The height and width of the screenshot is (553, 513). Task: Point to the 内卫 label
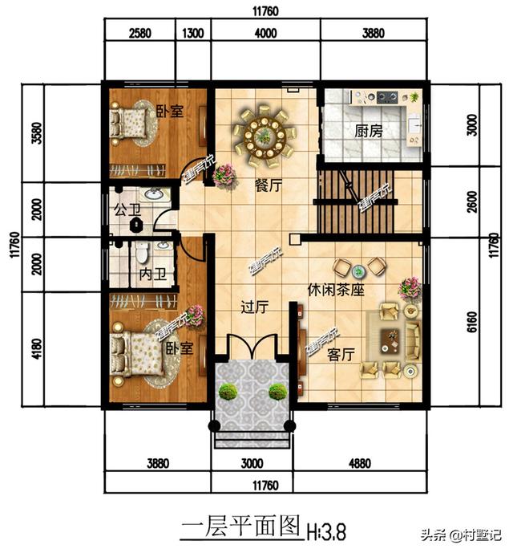click(151, 274)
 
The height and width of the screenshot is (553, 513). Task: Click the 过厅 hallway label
click(254, 306)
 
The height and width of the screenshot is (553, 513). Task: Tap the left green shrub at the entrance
click(228, 392)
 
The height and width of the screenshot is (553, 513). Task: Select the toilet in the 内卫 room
click(141, 253)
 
